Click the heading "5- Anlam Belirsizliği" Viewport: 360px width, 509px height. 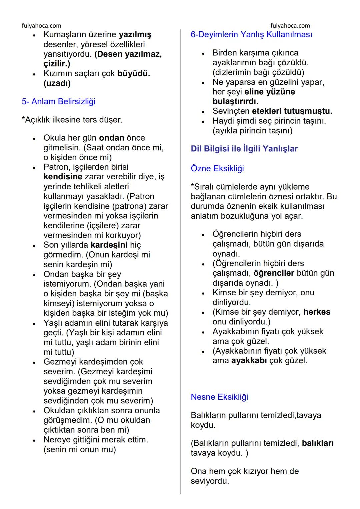(x=58, y=101)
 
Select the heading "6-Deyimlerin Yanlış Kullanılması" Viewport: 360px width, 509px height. (x=251, y=34)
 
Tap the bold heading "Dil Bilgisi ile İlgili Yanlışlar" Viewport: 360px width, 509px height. (x=244, y=149)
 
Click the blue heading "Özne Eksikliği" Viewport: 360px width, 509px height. (x=217, y=168)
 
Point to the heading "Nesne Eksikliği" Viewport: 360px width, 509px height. (x=219, y=397)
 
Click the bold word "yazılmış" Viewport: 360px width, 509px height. (x=135, y=34)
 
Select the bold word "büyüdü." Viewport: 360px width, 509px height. (x=134, y=73)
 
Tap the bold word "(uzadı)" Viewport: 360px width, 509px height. (x=57, y=83)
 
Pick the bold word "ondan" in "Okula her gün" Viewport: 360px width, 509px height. (x=112, y=138)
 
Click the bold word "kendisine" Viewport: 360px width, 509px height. (x=63, y=177)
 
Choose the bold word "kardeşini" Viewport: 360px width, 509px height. (x=109, y=245)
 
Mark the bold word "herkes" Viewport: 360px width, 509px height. (x=317, y=312)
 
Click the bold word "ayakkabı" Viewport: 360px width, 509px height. (x=249, y=361)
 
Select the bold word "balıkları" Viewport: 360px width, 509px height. (x=318, y=443)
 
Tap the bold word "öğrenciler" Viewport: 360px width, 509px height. (x=274, y=273)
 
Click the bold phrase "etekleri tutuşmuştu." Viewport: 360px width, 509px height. (x=292, y=111)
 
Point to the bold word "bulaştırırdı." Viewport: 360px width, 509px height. (x=235, y=101)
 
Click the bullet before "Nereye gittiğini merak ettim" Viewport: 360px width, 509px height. (x=34, y=440)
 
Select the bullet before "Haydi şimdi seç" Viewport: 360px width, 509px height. (x=203, y=121)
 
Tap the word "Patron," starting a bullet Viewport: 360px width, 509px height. (x=57, y=167)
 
